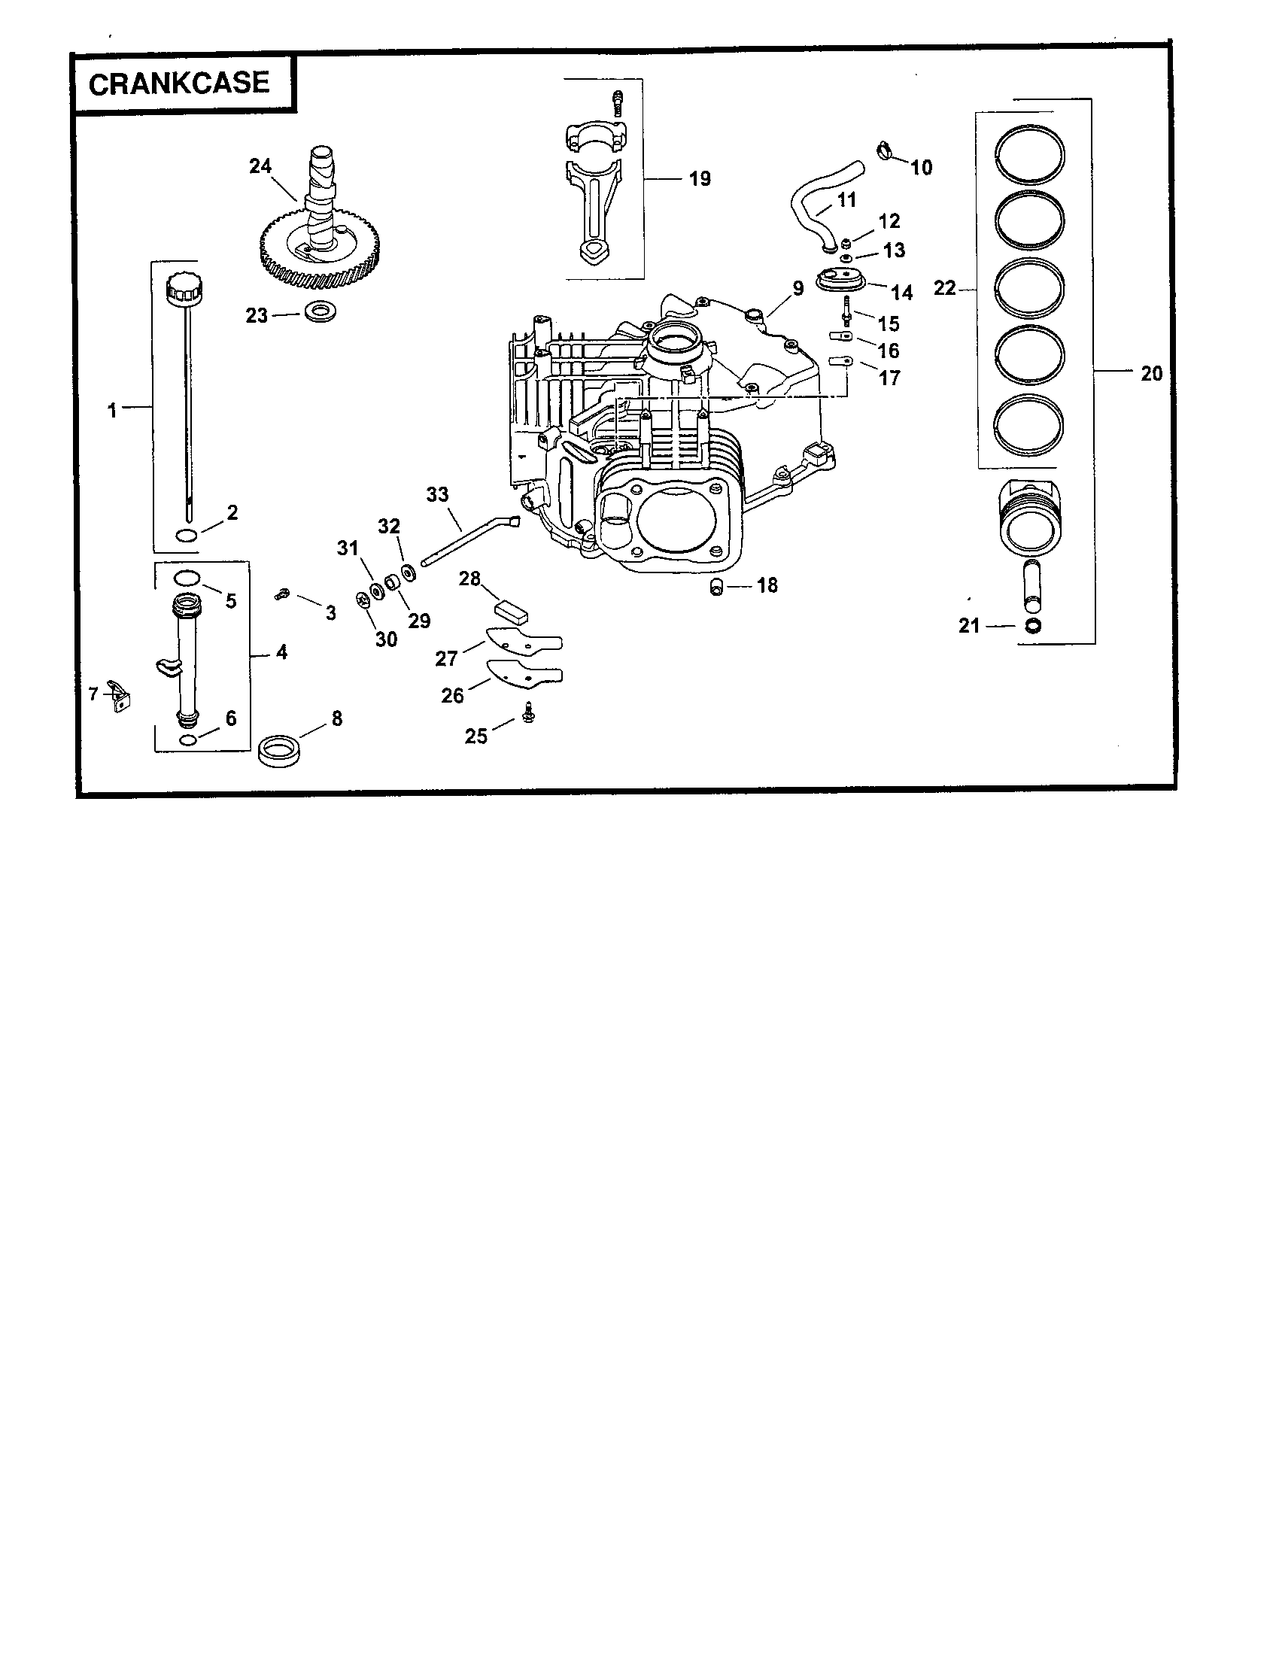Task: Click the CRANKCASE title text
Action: (179, 84)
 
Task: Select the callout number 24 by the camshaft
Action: (260, 166)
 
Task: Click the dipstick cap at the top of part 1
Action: (184, 287)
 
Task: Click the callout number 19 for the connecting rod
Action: (700, 180)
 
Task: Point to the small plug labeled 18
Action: (716, 587)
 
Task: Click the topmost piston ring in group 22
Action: (1029, 153)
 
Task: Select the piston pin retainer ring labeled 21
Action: (1031, 627)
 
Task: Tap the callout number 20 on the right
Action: (1151, 374)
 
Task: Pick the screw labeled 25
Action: (529, 712)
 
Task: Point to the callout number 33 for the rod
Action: (437, 495)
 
